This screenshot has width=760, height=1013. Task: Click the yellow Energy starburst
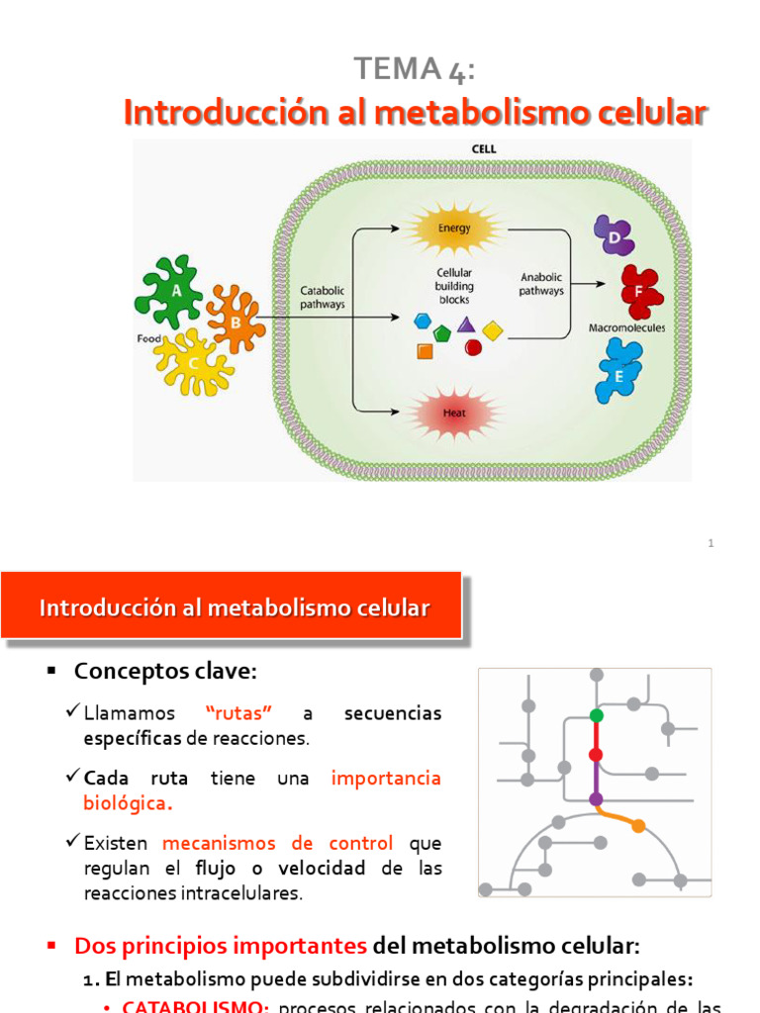point(455,229)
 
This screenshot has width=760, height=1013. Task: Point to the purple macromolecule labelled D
point(614,236)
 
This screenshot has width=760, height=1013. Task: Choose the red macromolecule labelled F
point(640,291)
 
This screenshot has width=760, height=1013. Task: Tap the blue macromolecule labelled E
point(619,370)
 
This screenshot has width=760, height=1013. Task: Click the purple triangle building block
point(466,323)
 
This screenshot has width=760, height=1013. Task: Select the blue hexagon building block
point(423,321)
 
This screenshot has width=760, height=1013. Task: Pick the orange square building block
point(425,350)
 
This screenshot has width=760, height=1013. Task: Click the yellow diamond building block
point(493,329)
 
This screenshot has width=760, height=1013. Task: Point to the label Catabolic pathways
point(323,298)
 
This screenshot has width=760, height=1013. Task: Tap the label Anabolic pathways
point(541,285)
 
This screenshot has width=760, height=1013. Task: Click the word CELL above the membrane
point(485,149)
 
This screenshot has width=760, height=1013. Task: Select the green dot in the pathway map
point(596,714)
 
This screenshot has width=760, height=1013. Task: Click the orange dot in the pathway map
point(638,825)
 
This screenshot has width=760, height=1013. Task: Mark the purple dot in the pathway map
point(596,798)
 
